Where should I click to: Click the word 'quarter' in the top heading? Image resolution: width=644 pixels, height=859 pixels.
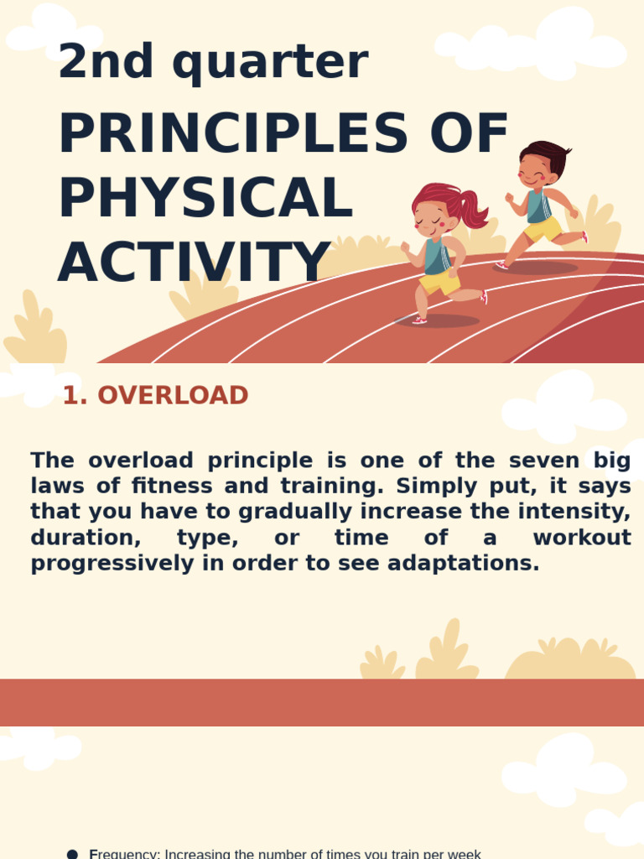click(270, 61)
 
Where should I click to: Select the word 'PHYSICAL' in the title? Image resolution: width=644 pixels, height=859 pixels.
click(205, 199)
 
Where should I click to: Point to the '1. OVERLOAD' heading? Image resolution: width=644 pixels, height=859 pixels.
click(155, 396)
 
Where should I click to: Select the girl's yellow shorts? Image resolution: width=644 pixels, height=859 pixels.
click(439, 282)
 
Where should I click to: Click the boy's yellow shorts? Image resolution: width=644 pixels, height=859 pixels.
click(543, 228)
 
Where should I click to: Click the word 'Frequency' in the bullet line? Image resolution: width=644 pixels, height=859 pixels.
click(123, 854)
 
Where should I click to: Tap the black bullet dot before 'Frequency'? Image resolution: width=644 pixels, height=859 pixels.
click(72, 854)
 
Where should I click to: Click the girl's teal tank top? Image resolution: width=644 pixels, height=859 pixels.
click(436, 257)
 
